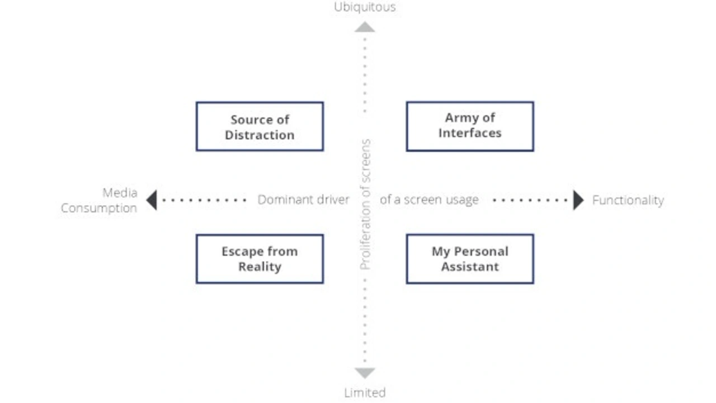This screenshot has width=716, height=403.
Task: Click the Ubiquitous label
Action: pyautogui.click(x=365, y=7)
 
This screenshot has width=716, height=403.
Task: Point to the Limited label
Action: pyautogui.click(x=365, y=392)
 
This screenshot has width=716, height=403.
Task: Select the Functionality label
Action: pyautogui.click(x=628, y=200)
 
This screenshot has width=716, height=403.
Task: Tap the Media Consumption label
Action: pyautogui.click(x=99, y=200)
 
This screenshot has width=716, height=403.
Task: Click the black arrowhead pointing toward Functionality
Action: pyautogui.click(x=578, y=200)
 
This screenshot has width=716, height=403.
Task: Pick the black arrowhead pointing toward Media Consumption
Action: pyautogui.click(x=152, y=200)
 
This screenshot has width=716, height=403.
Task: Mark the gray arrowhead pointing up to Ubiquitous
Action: pyautogui.click(x=365, y=27)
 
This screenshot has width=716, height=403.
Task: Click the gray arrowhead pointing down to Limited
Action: pyautogui.click(x=365, y=373)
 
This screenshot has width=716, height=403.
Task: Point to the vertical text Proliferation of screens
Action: pyautogui.click(x=365, y=205)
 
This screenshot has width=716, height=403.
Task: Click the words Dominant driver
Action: pyautogui.click(x=303, y=200)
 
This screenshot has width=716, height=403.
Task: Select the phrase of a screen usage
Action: pyautogui.click(x=429, y=200)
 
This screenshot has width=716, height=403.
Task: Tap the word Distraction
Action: pyautogui.click(x=260, y=135)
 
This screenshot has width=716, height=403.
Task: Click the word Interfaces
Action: pyautogui.click(x=470, y=133)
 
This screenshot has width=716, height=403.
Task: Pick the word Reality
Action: pyautogui.click(x=260, y=267)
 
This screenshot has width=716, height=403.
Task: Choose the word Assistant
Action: pyautogui.click(x=470, y=267)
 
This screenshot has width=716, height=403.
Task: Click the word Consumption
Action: pyautogui.click(x=99, y=208)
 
